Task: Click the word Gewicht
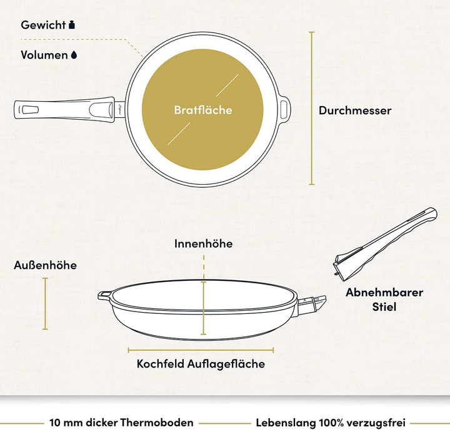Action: tap(43, 25)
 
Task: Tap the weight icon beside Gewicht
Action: tap(72, 25)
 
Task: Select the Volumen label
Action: tap(44, 55)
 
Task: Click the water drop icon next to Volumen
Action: tap(74, 55)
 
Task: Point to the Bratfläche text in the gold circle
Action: tap(203, 110)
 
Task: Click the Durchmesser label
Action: tap(355, 110)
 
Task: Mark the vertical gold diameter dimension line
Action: tap(312, 109)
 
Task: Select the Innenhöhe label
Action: tap(204, 243)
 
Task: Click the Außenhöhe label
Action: tap(46, 265)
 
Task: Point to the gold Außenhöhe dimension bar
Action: tap(45, 303)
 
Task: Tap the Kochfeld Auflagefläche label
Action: tap(201, 364)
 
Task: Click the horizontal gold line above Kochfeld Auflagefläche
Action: tap(201, 350)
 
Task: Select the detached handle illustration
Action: tap(385, 244)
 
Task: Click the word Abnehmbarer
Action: tap(384, 293)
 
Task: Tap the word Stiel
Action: tap(384, 306)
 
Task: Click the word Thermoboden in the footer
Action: tap(157, 423)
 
